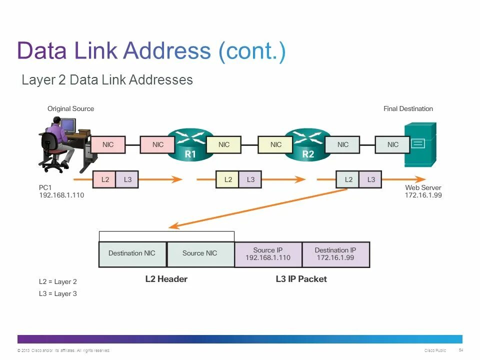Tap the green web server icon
[420, 144]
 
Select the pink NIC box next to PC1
[108, 144]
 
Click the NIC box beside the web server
[393, 144]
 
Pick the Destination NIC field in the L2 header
[132, 253]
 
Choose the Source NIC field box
[200, 253]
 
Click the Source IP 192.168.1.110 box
[268, 254]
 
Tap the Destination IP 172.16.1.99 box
[335, 254]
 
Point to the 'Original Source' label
[70, 108]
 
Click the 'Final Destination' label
[408, 108]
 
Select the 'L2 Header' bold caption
[166, 279]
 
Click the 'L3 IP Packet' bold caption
[301, 279]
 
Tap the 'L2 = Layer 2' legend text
[58, 282]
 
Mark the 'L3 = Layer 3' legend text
[58, 294]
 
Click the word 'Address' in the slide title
[167, 51]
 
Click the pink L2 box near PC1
[105, 179]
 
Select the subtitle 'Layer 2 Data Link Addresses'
[107, 80]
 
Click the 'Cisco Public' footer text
[435, 350]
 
